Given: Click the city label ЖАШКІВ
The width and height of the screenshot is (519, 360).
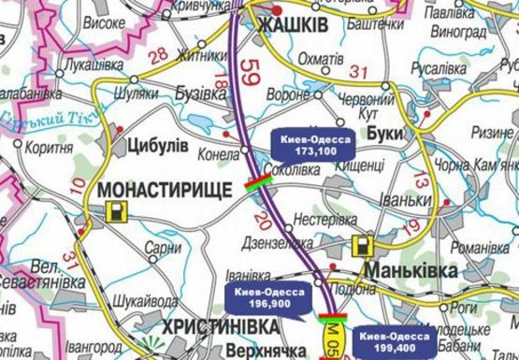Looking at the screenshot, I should [x=292, y=25].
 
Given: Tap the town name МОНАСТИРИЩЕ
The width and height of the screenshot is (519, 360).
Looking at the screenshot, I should [x=164, y=188].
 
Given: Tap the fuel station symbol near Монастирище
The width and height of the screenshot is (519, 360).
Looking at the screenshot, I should [x=115, y=212].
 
